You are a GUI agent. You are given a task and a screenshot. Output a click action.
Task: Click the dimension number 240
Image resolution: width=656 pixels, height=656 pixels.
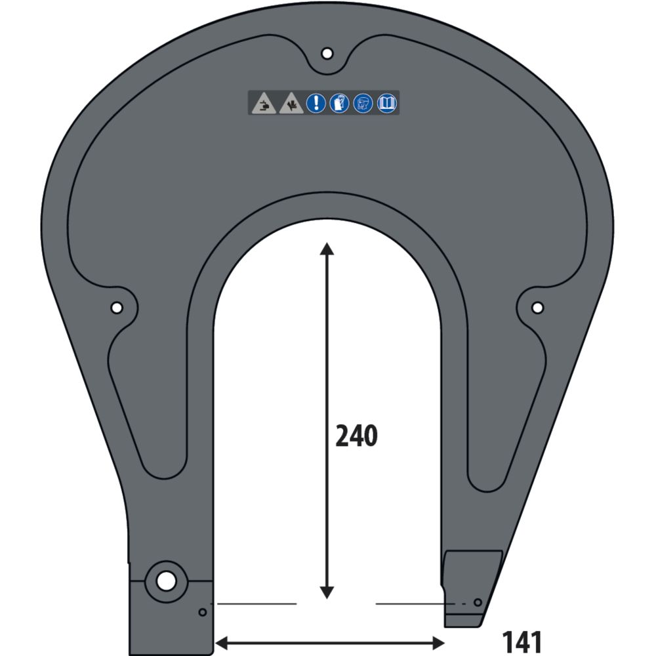point(356,436)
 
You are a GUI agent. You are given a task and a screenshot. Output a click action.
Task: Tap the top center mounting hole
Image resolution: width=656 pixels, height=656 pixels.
point(327,53)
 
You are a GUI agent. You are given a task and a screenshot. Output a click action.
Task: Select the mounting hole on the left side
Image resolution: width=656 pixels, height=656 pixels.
point(117,307)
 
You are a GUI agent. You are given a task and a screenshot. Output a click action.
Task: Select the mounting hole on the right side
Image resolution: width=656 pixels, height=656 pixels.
point(537,307)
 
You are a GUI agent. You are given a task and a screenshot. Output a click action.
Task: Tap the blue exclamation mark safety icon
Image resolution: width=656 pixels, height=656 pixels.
point(316,103)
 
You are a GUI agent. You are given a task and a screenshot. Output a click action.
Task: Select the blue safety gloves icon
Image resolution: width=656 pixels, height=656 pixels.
point(339,103)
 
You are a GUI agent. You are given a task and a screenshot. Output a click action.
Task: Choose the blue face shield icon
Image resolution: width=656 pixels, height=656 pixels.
point(363,103)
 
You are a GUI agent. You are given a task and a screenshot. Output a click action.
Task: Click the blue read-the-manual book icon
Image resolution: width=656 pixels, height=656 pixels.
point(387,103)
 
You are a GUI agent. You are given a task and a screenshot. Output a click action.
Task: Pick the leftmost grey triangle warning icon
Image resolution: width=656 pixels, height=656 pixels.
point(264,104)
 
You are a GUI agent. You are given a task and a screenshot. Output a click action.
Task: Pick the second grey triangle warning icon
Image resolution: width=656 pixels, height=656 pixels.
point(290,104)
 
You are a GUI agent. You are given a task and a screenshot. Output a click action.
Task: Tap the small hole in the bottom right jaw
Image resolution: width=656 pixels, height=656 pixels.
point(478,602)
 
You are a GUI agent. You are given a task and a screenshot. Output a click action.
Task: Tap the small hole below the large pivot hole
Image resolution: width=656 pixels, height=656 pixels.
point(203,612)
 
